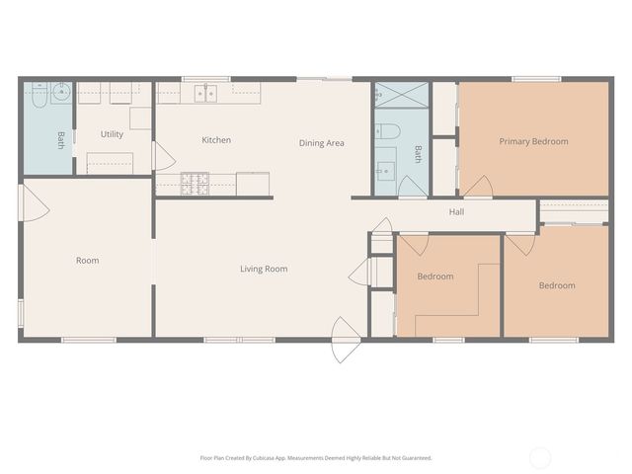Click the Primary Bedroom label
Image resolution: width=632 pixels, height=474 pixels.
click(533, 141)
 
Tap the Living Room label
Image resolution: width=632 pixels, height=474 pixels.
click(264, 269)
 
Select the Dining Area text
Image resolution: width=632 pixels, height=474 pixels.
click(321, 143)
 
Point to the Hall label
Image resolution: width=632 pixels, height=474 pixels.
click(456, 211)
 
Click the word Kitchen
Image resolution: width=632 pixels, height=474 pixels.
click(216, 140)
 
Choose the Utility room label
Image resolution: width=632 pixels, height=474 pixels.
click(112, 134)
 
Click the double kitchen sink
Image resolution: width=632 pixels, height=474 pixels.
click(206, 94)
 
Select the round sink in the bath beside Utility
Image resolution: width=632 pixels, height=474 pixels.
click(60, 94)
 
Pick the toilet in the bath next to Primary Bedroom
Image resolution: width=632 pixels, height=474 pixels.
click(390, 130)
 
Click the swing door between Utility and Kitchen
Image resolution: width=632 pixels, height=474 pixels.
click(163, 155)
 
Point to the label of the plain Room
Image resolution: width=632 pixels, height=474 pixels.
click(88, 261)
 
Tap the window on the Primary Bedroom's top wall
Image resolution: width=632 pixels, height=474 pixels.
click(536, 79)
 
